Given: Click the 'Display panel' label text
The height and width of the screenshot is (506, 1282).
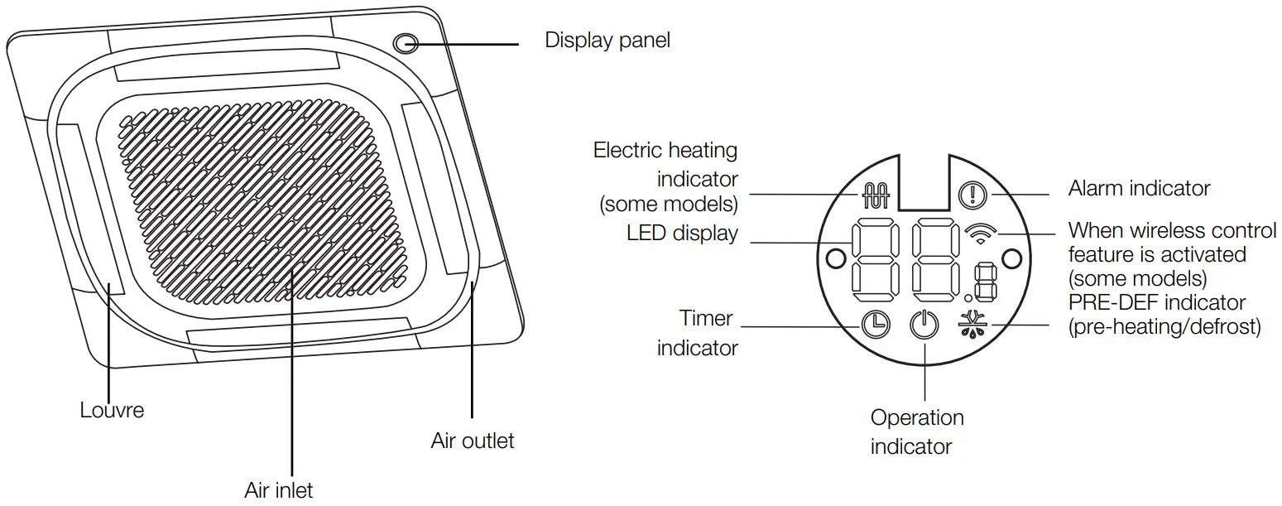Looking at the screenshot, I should click(607, 40).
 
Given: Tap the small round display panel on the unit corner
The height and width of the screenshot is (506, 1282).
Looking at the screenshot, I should click(405, 43).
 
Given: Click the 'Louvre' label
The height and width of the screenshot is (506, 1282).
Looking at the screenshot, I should click(112, 409).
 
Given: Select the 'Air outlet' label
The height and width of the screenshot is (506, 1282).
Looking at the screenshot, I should click(473, 440).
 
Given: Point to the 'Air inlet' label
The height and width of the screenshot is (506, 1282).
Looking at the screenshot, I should click(279, 489).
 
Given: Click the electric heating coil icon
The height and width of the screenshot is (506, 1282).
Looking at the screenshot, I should click(875, 195).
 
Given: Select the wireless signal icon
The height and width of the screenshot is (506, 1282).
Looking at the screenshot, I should click(981, 234).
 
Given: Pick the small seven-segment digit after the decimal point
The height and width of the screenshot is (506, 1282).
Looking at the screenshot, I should click(985, 282).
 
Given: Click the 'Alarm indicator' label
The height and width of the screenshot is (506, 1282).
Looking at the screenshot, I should click(1139, 188).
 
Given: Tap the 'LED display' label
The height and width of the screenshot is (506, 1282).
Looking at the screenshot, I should click(681, 234).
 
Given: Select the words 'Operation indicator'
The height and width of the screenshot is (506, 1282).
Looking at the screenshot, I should click(917, 431).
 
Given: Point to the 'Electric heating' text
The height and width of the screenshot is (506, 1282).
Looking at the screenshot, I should click(665, 151).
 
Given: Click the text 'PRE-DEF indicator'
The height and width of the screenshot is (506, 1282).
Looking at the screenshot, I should click(1157, 302).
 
